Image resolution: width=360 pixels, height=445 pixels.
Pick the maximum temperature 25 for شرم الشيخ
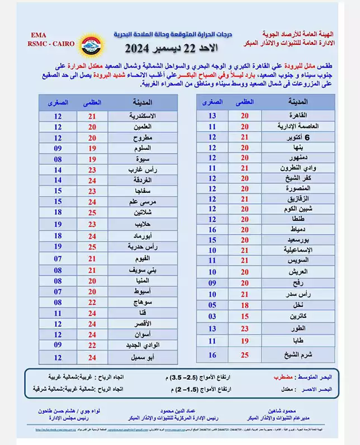[244, 354]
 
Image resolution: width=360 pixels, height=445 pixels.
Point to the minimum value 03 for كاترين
[212, 316]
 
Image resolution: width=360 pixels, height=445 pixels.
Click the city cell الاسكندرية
[142, 116]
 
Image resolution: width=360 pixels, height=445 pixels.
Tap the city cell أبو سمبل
[142, 357]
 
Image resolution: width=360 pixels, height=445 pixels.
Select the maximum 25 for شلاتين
[93, 213]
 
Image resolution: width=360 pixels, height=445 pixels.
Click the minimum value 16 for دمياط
[212, 229]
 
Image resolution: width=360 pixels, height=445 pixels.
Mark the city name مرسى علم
[142, 202]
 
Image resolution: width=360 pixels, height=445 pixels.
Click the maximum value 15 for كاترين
[244, 316]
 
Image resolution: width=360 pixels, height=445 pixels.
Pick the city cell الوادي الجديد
[142, 345]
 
